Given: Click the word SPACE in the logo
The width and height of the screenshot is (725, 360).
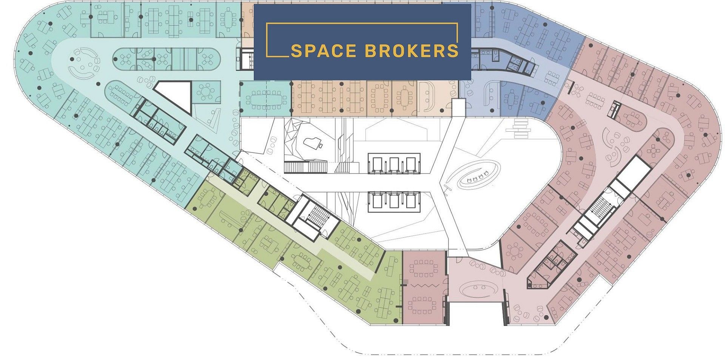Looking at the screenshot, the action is tap(323, 51).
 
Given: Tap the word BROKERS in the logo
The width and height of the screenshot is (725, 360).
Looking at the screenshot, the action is tap(412, 51).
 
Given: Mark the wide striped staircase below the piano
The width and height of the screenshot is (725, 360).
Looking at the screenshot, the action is tap(305, 167).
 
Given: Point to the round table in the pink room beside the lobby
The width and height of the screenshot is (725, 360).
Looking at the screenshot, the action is tap(515, 251).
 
